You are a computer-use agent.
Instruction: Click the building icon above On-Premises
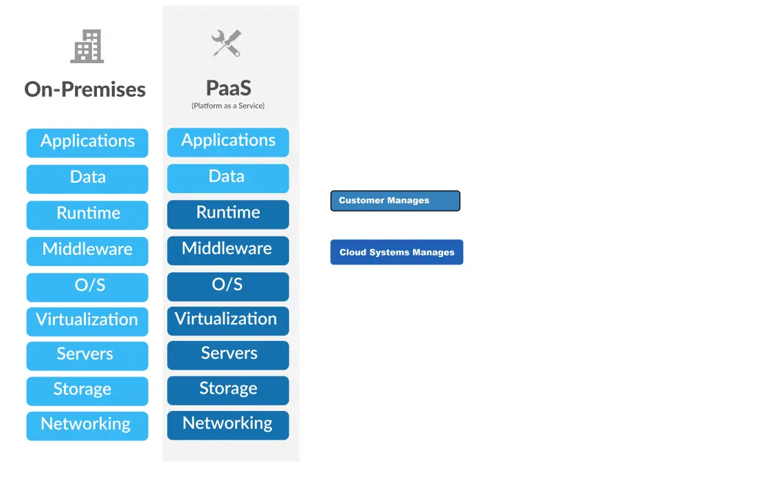(87, 46)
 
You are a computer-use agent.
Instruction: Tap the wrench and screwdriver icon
(226, 43)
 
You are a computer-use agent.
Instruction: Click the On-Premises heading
(85, 89)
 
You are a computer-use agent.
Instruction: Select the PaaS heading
(228, 88)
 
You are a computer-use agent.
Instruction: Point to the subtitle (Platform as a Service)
(228, 106)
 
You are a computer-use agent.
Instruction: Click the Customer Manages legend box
(395, 201)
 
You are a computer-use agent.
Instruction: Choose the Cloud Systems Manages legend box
(396, 252)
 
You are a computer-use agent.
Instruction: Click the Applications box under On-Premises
(87, 142)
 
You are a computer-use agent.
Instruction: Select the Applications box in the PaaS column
(228, 142)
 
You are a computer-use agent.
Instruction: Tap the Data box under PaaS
(228, 178)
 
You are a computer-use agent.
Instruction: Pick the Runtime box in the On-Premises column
(87, 214)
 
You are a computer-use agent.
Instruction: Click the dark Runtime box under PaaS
(228, 214)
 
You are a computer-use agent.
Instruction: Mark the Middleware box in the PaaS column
(228, 250)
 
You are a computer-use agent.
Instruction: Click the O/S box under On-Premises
(87, 287)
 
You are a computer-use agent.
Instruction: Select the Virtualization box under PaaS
(228, 320)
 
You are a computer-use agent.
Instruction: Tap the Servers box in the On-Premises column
(87, 355)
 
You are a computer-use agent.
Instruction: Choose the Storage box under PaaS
(228, 390)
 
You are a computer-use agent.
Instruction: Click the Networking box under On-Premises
(87, 425)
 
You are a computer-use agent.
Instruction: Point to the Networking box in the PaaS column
(228, 425)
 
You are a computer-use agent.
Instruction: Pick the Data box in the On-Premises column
(87, 179)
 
